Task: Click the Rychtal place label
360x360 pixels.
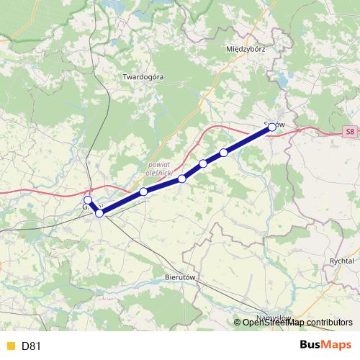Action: [340, 261]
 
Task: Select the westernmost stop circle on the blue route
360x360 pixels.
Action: [88, 200]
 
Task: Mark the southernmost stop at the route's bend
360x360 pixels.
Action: [99, 213]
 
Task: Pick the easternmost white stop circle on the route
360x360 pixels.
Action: [224, 153]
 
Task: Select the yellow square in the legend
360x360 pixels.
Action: [10, 346]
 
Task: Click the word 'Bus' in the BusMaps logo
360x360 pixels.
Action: [310, 345]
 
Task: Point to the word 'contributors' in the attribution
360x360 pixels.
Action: [328, 322]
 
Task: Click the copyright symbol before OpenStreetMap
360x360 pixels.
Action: [238, 322]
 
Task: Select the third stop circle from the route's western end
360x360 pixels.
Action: [144, 192]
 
